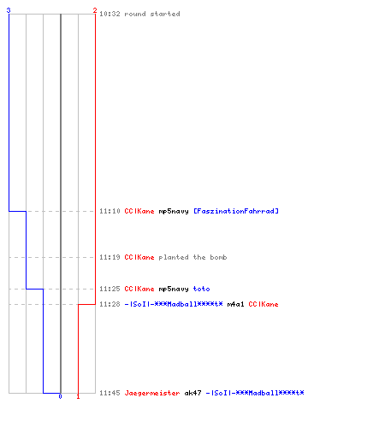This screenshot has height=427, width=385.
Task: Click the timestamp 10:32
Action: click(110, 14)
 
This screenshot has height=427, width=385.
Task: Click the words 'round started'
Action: click(152, 14)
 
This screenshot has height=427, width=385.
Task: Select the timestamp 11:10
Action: click(110, 211)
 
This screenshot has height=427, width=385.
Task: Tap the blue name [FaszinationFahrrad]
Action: click(236, 211)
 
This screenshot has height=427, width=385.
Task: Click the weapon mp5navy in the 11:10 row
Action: click(174, 211)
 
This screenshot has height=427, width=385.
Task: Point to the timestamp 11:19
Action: click(110, 257)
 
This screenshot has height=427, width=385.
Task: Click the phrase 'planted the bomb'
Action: click(192, 257)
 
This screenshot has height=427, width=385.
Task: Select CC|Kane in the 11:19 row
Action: click(139, 257)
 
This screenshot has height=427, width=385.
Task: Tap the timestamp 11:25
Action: click(110, 289)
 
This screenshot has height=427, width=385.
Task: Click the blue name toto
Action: click(202, 289)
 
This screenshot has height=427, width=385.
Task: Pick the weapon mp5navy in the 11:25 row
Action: click(174, 289)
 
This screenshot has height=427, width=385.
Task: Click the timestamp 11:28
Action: click(110, 304)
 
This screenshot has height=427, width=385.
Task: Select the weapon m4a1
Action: click(236, 304)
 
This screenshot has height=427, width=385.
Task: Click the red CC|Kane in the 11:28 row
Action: click(264, 304)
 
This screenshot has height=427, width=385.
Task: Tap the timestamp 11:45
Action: click(110, 393)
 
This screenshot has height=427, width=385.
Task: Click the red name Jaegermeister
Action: click(152, 393)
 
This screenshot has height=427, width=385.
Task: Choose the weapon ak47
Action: click(193, 393)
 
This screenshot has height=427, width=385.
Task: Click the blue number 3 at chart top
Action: click(9, 10)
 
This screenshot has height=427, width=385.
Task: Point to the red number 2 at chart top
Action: click(95, 10)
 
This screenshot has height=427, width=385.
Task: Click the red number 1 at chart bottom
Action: click(78, 396)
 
